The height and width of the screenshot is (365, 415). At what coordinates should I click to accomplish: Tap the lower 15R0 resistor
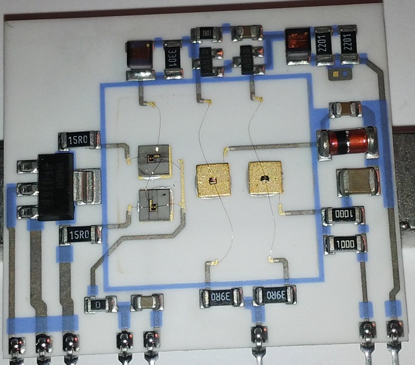click(80, 235)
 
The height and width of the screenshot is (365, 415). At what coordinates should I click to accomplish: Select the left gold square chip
click(213, 180)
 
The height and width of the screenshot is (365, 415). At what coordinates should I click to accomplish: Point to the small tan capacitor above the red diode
click(345, 109)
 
